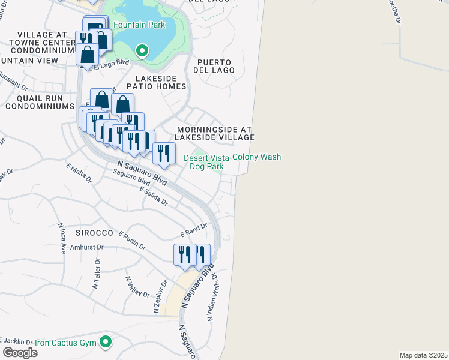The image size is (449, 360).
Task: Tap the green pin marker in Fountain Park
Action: click(x=142, y=50)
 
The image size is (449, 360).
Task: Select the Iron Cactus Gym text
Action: click(x=65, y=343)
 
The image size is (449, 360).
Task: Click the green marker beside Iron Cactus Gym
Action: click(x=106, y=342)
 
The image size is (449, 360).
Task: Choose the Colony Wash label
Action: click(x=257, y=157)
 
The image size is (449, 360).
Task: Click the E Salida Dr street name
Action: click(x=153, y=196)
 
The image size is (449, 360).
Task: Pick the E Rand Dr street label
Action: click(x=193, y=230)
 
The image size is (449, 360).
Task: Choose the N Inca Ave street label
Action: click(x=61, y=239)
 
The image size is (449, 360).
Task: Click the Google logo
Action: click(x=20, y=353)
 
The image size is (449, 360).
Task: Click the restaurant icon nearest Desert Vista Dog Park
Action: click(x=164, y=153)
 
